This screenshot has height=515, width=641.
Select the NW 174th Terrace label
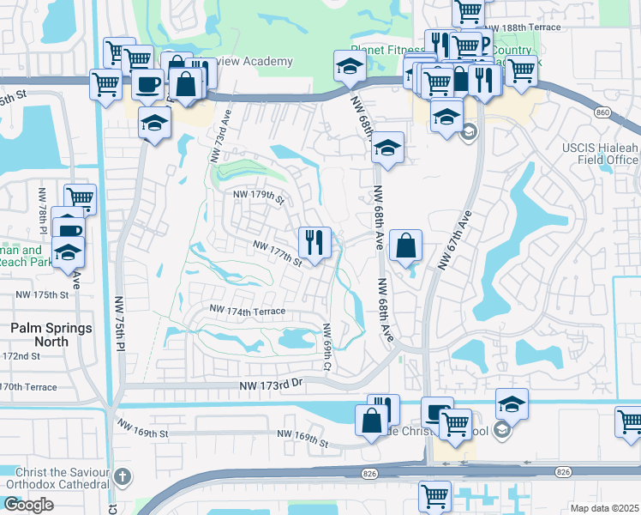pos(247,310)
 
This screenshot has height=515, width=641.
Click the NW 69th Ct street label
pos(326,347)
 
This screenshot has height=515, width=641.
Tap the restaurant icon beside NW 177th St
pos(315,241)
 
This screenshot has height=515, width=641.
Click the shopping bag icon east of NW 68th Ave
pos(405,245)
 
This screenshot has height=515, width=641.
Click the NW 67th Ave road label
pos(456,240)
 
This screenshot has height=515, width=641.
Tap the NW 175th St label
pos(41,294)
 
